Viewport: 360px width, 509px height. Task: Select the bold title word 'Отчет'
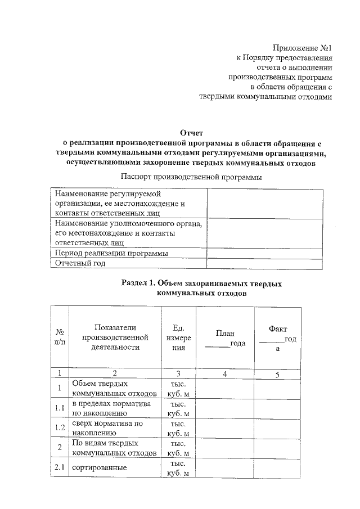[191, 132]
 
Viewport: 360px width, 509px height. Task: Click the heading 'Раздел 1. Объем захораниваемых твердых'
[202, 283]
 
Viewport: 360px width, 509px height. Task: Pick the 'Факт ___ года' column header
[278, 338]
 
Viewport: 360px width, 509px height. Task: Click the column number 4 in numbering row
[225, 373]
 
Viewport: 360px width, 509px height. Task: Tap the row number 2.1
[59, 467]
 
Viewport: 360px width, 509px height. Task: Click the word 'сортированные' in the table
[98, 468]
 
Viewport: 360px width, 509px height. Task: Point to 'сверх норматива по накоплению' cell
[107, 428]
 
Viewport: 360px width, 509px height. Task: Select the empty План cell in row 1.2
[225, 428]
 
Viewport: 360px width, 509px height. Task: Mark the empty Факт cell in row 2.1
[278, 467]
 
